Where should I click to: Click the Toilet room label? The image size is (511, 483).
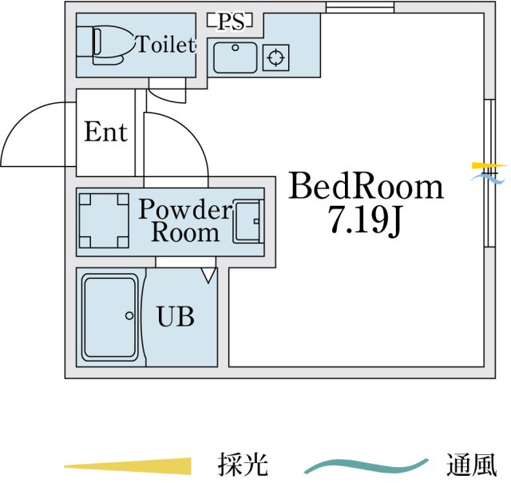166,45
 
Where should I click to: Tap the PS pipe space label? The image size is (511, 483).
231,22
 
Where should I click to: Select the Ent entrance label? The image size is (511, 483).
105,132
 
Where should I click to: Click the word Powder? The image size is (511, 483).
185,209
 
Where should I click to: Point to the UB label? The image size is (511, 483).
176,316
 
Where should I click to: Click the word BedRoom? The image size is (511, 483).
366,186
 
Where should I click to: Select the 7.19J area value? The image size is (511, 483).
365,220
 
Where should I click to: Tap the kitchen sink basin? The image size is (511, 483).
235,57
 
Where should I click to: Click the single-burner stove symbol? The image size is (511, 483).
275,57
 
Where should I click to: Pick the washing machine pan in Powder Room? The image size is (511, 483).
104,220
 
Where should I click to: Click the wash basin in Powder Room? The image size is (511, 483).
248,221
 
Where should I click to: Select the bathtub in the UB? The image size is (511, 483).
110,317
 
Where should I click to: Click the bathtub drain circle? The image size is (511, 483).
129,315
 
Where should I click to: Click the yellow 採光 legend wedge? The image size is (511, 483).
128,466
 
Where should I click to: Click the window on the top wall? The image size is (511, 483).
360,7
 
